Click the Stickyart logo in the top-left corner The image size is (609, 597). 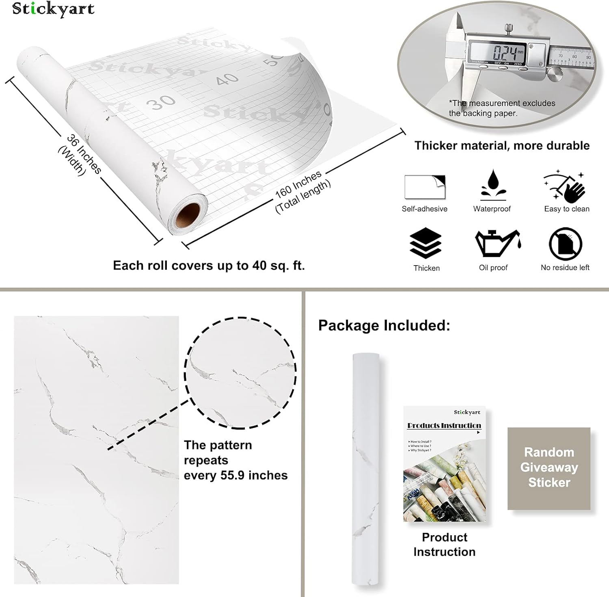coord(53,9)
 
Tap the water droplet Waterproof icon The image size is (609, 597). coord(493,185)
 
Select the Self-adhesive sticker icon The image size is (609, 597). coord(425,187)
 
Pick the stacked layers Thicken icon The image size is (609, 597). coord(425,243)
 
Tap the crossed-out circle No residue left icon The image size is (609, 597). coord(565,244)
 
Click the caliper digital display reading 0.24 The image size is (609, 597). coord(504,53)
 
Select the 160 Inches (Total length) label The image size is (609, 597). coord(302,191)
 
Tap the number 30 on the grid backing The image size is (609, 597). coord(161,102)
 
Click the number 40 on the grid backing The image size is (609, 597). coord(227,78)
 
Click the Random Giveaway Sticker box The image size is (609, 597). coord(549,468)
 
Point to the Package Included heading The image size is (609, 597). coord(384,325)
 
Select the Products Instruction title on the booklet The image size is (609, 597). coord(444,425)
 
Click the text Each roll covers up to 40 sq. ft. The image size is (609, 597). coord(209,266)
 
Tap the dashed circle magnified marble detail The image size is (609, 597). coord(240,373)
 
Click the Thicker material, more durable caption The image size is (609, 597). coord(502,145)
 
